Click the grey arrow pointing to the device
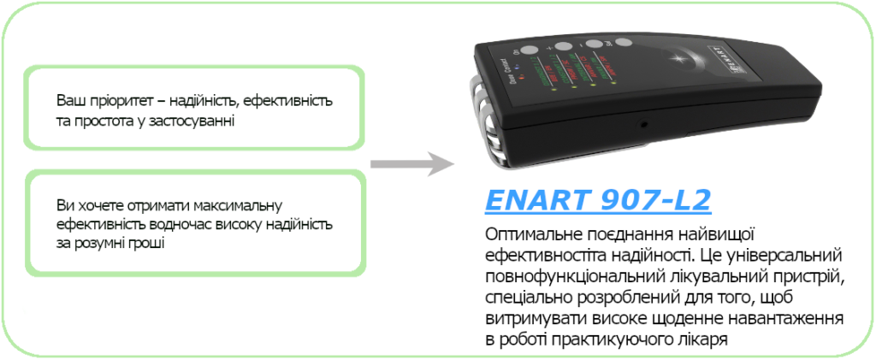pos(412,163)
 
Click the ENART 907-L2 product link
pos(597,200)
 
